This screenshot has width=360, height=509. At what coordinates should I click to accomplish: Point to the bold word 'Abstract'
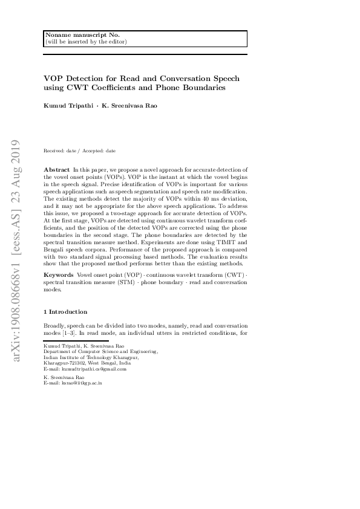pos(57,170)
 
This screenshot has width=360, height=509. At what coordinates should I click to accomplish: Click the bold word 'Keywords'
pos(59,275)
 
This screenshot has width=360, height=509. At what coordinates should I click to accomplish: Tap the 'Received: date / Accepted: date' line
pos(80,151)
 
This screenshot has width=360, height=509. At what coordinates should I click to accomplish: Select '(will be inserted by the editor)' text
pos(86,42)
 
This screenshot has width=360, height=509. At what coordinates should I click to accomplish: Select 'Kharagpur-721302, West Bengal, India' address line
pos(87,363)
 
